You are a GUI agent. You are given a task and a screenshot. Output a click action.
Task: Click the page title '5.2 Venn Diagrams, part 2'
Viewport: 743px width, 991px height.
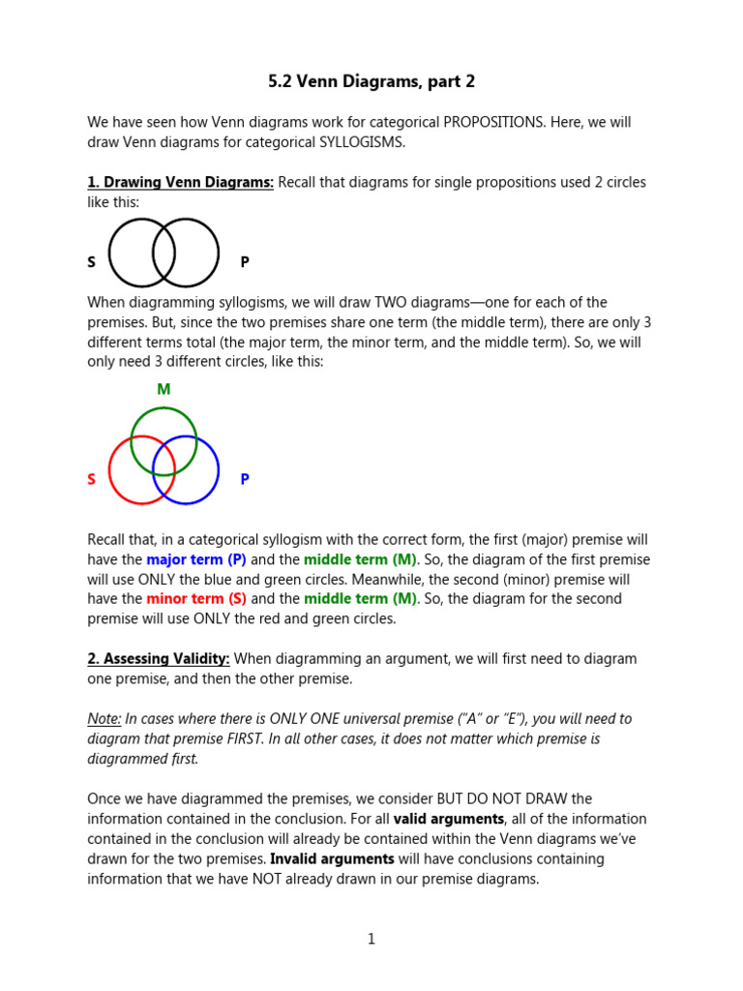(x=371, y=82)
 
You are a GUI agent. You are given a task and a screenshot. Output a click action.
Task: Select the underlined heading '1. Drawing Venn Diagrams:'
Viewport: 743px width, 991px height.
(x=181, y=182)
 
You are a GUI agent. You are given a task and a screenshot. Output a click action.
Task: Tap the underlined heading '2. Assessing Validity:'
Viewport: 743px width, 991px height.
(x=159, y=659)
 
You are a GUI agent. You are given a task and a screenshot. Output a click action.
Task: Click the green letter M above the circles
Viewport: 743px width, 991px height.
(x=163, y=389)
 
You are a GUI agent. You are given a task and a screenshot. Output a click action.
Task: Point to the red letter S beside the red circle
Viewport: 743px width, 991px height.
(x=92, y=479)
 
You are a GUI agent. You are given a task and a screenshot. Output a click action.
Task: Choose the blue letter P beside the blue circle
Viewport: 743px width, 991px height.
(x=245, y=479)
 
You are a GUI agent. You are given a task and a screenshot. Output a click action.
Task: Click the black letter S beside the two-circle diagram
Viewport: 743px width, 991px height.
(x=92, y=262)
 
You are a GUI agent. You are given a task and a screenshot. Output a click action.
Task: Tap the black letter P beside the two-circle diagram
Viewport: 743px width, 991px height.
(x=245, y=262)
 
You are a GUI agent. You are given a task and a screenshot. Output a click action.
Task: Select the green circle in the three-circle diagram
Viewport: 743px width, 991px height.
(x=163, y=409)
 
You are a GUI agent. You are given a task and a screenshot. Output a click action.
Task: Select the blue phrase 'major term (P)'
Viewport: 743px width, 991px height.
(x=196, y=559)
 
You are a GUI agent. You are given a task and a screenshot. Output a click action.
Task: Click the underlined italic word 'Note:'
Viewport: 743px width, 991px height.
(x=104, y=719)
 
